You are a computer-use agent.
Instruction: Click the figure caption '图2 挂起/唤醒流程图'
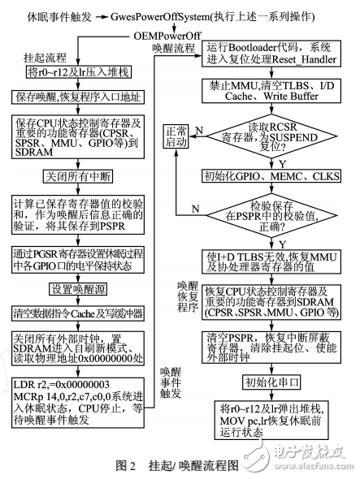pyautogui.click(x=177, y=464)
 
